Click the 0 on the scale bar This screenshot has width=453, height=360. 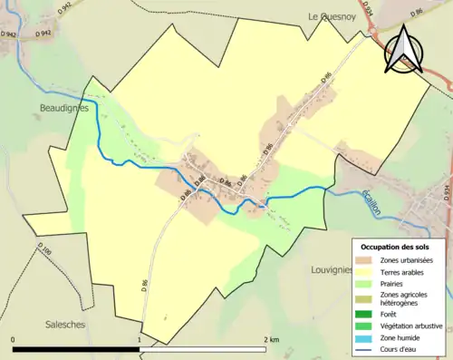pyautogui.click(x=14, y=339)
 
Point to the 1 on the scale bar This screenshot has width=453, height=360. pyautogui.click(x=139, y=339)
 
